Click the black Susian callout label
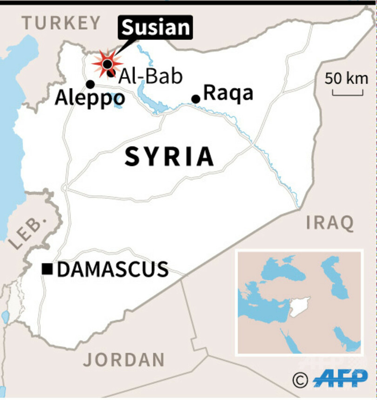click(x=156, y=28)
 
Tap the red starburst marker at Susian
click(x=107, y=63)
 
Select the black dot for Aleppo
click(x=90, y=84)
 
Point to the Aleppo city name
click(x=90, y=99)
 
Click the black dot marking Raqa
click(x=196, y=99)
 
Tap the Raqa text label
click(x=229, y=93)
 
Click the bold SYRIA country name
click(x=169, y=157)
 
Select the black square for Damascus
click(x=47, y=269)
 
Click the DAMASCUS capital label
click(x=113, y=269)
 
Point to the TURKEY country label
click(x=61, y=23)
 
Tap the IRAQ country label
click(x=330, y=223)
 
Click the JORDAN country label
click(x=124, y=360)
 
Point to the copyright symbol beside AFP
click(x=301, y=380)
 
